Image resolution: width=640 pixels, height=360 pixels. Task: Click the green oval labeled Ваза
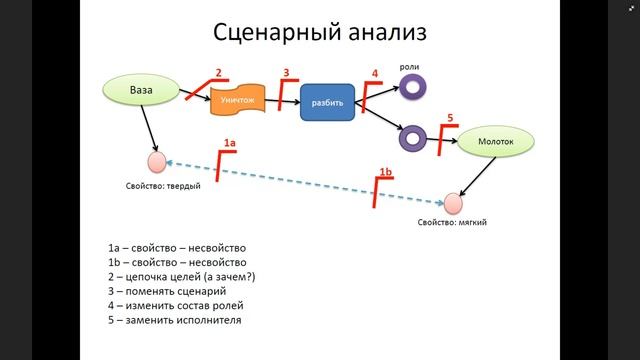141,91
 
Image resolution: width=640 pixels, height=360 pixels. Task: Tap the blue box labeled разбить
326,103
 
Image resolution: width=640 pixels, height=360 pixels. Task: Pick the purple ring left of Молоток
410,135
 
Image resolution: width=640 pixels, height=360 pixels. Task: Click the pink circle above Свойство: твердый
156,162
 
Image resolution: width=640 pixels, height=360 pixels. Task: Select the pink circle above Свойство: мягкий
453,203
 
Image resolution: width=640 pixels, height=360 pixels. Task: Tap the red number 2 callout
218,73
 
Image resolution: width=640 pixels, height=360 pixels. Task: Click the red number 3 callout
286,73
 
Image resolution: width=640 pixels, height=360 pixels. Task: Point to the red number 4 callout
375,73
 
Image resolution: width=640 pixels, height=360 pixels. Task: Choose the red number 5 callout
450,118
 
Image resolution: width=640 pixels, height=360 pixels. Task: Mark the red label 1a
229,144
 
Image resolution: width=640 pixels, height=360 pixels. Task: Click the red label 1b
386,171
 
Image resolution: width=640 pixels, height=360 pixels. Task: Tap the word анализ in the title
381,32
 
